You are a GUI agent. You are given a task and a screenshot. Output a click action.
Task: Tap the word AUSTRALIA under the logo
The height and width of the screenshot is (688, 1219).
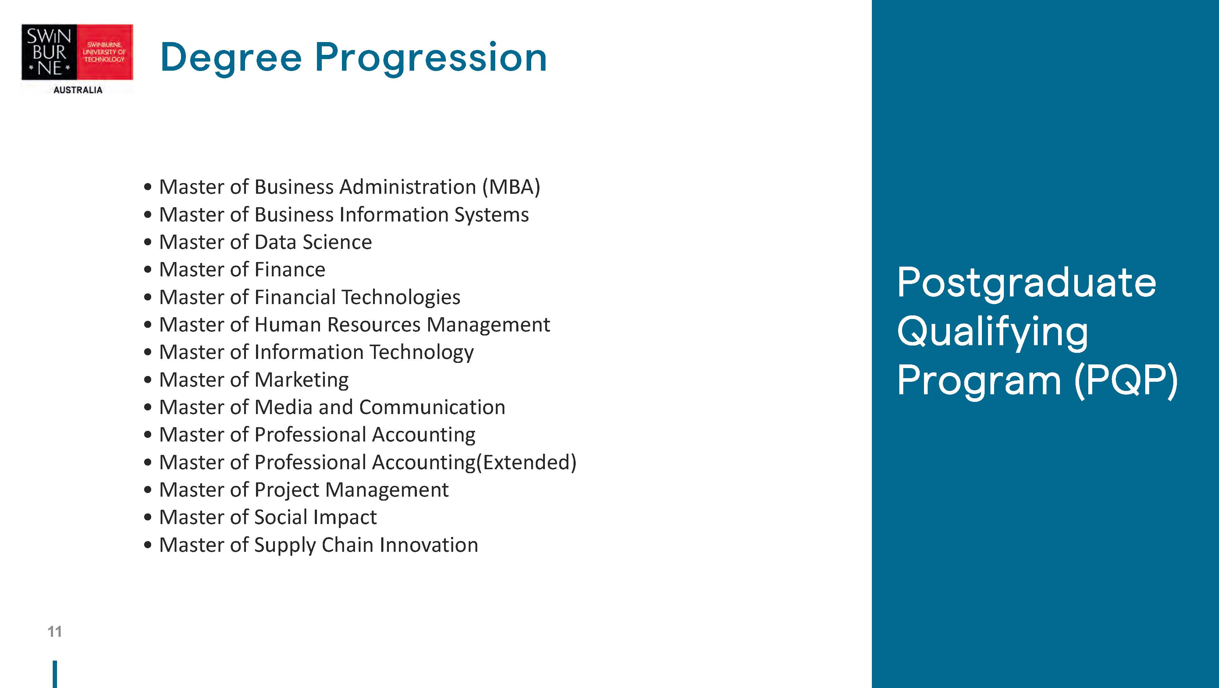(x=78, y=90)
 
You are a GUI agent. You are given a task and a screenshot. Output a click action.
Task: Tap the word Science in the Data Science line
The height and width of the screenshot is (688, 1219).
(x=337, y=242)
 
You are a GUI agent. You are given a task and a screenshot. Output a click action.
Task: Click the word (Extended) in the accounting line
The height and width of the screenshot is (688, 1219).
(x=526, y=462)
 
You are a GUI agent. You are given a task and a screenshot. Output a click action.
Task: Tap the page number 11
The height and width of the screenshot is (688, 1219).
(x=55, y=632)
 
